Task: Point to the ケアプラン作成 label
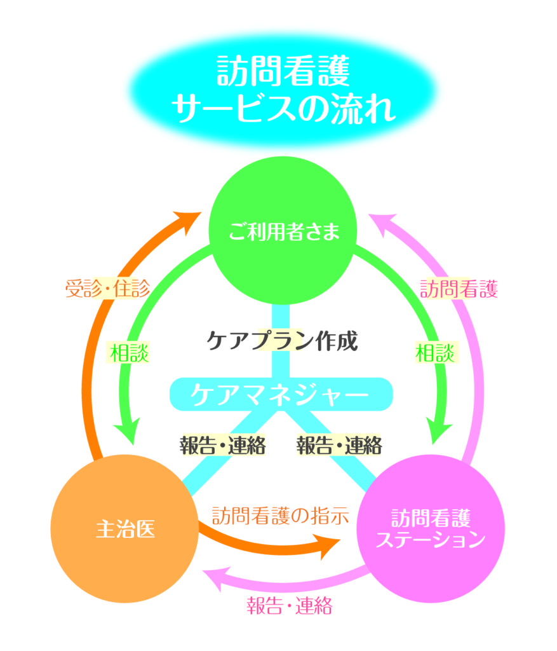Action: (x=283, y=341)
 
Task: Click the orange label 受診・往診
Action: (x=108, y=289)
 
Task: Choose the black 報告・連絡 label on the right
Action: (x=339, y=444)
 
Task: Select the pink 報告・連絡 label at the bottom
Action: (x=289, y=605)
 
